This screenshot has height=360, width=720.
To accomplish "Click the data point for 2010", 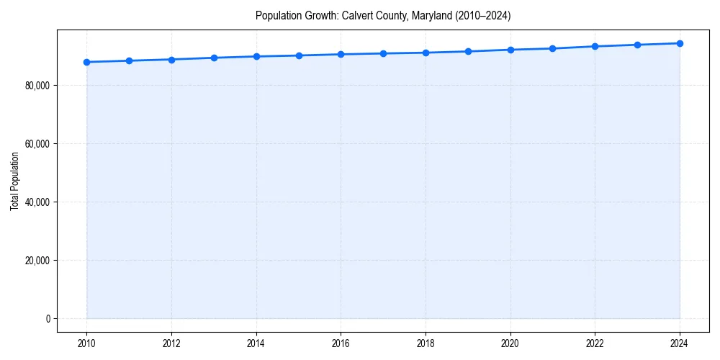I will (86, 62).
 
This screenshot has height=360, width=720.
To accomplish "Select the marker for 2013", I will (214, 58).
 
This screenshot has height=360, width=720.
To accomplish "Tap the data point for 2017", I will (383, 53).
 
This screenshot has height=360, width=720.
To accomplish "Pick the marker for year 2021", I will (552, 48).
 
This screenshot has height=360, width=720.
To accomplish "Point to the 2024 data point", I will (680, 43).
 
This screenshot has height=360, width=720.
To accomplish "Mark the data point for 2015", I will (299, 55).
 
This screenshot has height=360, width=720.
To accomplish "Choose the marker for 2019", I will (468, 51).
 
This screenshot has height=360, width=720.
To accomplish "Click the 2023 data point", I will (637, 45).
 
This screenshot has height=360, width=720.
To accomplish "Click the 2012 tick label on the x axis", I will (171, 343).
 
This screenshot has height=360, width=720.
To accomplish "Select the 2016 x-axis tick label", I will (341, 343).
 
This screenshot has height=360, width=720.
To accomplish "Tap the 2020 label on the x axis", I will (510, 343).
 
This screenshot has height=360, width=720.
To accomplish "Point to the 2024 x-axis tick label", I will (680, 343).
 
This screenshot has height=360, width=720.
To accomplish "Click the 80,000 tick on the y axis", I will (36, 86).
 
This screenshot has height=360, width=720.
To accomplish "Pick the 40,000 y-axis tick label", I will (36, 202).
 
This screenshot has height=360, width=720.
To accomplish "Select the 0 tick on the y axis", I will (48, 318).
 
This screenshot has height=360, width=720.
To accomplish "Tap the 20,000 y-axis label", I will (36, 261).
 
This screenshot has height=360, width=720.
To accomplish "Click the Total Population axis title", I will (14, 181).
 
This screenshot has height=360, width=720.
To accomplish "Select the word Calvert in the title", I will (357, 16).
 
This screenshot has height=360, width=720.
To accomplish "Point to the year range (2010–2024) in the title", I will (482, 16).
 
